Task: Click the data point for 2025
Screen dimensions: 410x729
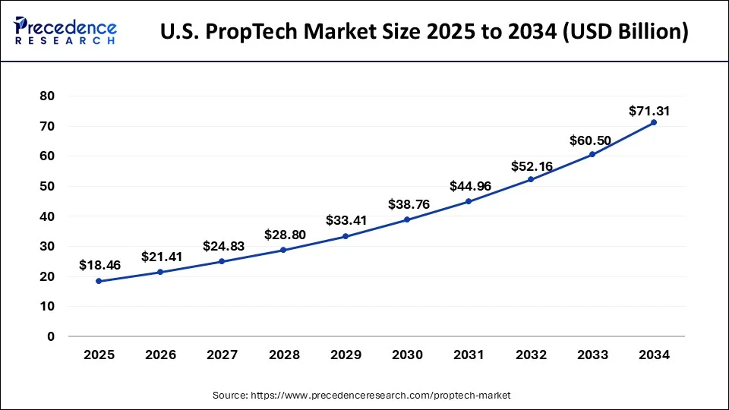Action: coord(99,281)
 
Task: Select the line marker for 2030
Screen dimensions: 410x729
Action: coord(407,219)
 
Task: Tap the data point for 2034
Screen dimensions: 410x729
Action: coord(653,122)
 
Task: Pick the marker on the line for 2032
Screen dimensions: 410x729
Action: coord(530,179)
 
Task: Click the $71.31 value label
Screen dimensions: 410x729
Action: coord(649,112)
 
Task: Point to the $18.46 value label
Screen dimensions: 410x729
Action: coord(99,266)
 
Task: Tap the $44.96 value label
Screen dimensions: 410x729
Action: coord(469,185)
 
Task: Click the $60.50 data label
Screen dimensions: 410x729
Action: coord(590,140)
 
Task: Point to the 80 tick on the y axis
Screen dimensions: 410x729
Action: coord(47,96)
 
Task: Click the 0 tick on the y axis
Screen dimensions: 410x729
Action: coord(51,336)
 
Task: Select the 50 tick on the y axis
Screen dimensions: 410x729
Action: coord(47,186)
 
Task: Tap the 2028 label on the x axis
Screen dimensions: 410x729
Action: coord(284,355)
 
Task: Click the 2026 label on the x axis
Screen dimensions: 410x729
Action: coord(161,355)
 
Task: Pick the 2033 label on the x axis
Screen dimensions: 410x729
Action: coord(592,355)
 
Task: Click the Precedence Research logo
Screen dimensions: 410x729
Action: coord(65,32)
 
